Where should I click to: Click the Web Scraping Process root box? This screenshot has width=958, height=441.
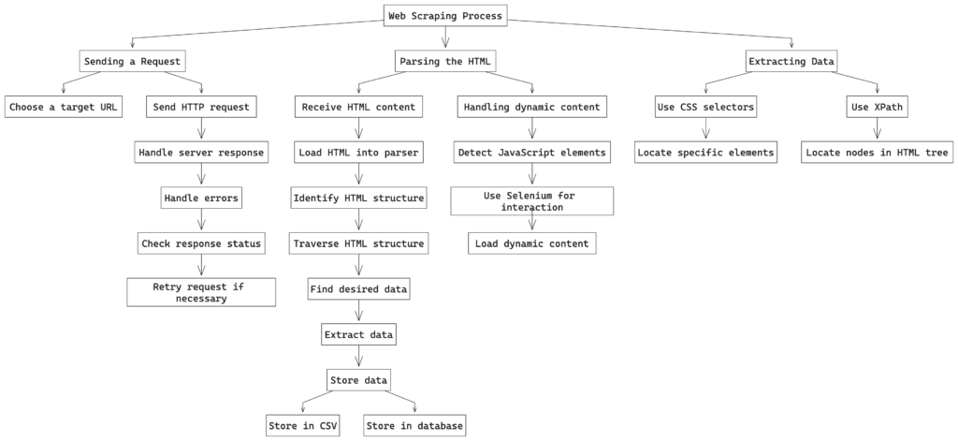click(445, 16)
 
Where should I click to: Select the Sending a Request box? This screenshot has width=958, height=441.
click(132, 61)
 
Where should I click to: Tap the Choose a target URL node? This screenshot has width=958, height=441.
click(63, 107)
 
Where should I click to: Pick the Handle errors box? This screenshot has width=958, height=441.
click(201, 198)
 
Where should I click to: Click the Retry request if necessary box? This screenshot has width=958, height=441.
click(201, 292)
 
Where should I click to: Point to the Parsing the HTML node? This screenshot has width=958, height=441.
click(445, 61)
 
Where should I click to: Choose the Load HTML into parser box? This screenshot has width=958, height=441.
click(358, 153)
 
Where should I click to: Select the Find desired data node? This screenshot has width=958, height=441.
click(358, 289)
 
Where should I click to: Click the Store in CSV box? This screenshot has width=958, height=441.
click(303, 426)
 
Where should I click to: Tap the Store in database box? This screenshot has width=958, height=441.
click(415, 426)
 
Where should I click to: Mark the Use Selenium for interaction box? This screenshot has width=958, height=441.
click(532, 201)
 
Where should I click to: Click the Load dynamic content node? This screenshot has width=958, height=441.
click(532, 243)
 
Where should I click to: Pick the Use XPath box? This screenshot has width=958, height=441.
click(878, 107)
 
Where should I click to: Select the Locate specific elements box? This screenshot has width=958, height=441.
click(705, 153)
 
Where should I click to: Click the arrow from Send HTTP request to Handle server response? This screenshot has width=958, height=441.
click(201, 129)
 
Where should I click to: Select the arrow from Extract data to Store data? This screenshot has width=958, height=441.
click(358, 358)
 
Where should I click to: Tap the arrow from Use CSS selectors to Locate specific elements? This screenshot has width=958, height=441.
click(705, 129)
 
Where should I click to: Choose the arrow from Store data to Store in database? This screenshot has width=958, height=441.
click(400, 402)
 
